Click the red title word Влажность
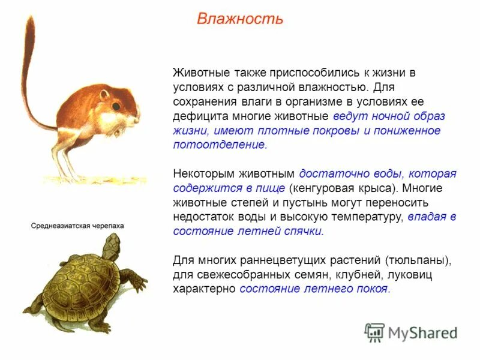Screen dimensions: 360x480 tap(239, 19)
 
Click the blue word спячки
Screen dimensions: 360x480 tap(304, 231)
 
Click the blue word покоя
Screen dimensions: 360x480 tap(372, 289)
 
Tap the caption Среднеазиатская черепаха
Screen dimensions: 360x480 tap(77, 226)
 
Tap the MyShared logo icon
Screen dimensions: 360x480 tap(375, 332)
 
